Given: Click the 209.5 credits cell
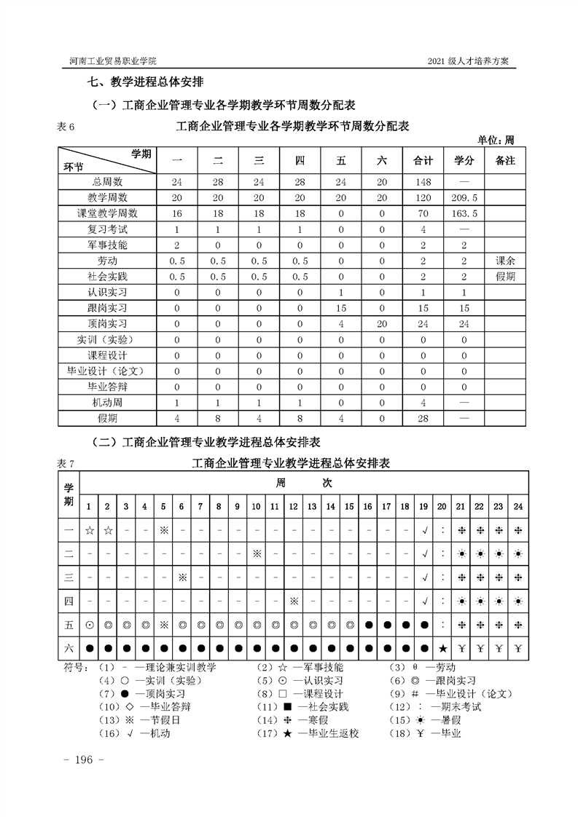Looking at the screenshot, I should [x=464, y=197].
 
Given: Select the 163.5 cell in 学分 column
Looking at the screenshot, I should [x=464, y=213].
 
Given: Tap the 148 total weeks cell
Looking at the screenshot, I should [x=423, y=181].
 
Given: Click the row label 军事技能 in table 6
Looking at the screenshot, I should [x=107, y=245].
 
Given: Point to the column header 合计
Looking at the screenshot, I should [x=423, y=160].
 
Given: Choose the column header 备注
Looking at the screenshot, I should [x=504, y=160].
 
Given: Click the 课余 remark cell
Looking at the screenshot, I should [x=504, y=261].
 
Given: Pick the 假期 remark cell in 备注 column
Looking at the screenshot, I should [x=504, y=277].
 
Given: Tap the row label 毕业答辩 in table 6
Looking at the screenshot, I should [x=107, y=387].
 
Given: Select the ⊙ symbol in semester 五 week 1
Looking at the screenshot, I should [x=89, y=625].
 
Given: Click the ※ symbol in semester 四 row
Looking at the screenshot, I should [x=294, y=601].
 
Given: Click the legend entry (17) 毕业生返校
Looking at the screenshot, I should [x=320, y=733].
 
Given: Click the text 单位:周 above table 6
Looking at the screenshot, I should [x=496, y=140].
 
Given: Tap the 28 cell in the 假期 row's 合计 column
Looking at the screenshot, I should [x=423, y=419].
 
